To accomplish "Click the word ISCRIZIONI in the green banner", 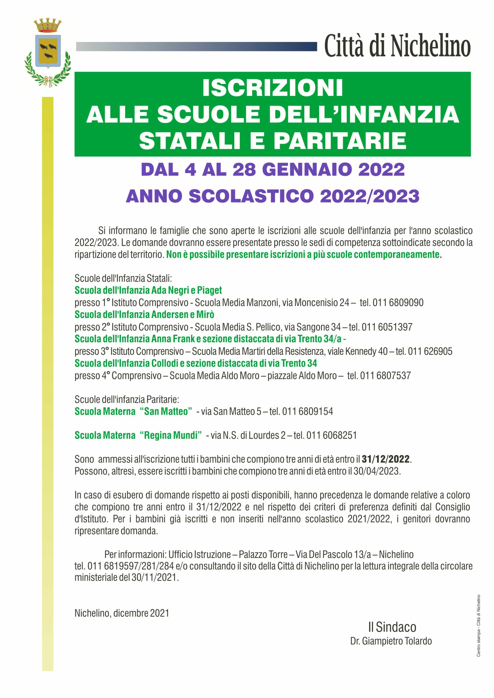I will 273,88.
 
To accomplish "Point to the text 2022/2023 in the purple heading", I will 370,196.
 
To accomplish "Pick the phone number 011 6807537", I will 385,376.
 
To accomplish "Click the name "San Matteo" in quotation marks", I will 166,411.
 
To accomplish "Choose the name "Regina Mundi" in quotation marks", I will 171,435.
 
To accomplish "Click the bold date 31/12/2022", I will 386,459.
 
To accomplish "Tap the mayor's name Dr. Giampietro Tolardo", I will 391,641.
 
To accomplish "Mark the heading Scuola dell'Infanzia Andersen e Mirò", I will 145,314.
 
